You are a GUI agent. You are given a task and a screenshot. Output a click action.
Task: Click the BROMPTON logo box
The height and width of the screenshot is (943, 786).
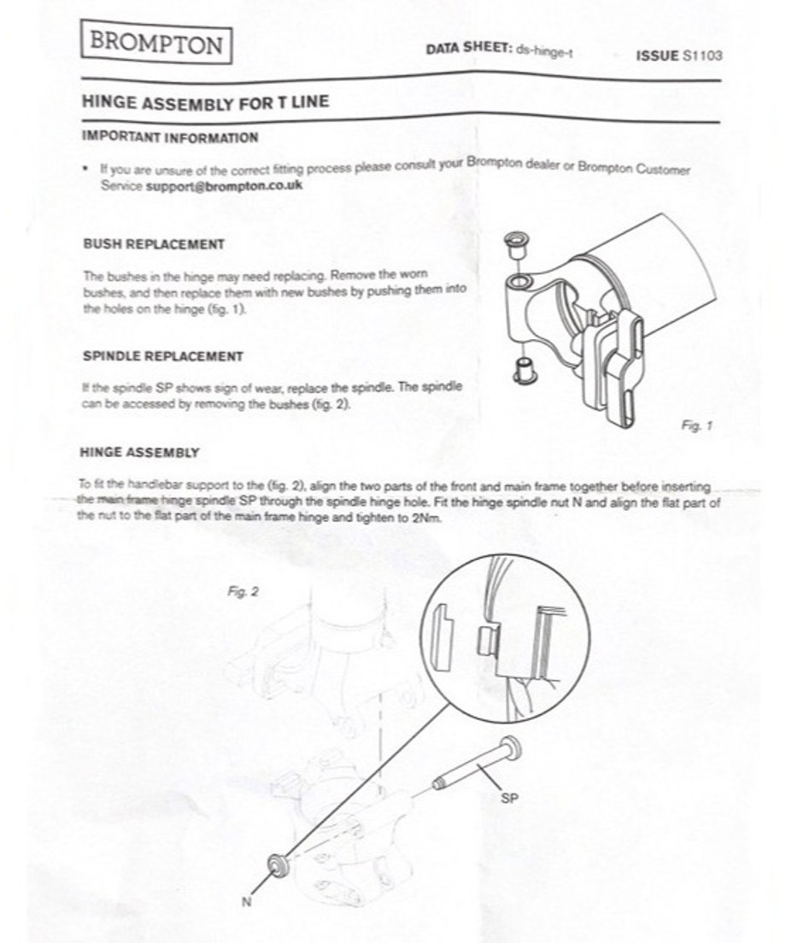[x=156, y=43]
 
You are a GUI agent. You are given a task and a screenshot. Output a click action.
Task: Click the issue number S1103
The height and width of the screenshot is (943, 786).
[x=702, y=56]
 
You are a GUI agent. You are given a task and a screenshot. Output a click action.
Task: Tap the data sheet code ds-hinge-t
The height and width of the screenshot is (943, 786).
[x=544, y=51]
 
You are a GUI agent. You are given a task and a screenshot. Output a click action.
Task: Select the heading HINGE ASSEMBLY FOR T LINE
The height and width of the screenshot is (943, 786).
[x=206, y=102]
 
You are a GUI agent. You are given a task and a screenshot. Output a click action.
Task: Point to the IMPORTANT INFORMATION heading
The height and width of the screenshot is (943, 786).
[x=170, y=137]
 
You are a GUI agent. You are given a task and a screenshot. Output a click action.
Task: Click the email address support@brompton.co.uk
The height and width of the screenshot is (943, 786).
[x=225, y=185]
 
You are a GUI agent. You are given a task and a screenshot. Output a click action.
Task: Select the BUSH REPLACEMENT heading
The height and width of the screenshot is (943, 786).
[x=154, y=244]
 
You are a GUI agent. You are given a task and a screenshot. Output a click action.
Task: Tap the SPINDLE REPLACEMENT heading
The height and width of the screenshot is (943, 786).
[x=163, y=356]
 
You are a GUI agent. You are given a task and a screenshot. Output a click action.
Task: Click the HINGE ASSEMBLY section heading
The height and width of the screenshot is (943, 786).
[x=139, y=452]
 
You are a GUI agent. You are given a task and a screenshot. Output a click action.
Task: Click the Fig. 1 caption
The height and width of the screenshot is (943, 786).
[x=697, y=425]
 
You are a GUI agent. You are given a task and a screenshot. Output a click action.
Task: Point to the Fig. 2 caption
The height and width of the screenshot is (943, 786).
[x=243, y=592]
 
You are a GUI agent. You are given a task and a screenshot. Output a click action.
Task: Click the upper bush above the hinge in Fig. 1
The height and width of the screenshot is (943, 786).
[x=515, y=245]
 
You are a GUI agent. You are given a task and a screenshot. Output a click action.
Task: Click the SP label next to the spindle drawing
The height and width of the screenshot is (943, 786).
[x=509, y=798]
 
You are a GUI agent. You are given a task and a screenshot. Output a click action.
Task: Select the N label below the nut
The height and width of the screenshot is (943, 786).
[x=247, y=901]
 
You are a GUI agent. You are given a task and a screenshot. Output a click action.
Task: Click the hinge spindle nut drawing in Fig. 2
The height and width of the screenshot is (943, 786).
[x=279, y=864]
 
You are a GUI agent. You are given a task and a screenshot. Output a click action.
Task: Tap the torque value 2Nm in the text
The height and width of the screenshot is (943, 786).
[x=427, y=518]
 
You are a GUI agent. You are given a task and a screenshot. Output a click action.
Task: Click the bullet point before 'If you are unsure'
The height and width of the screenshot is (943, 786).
[x=88, y=168]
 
